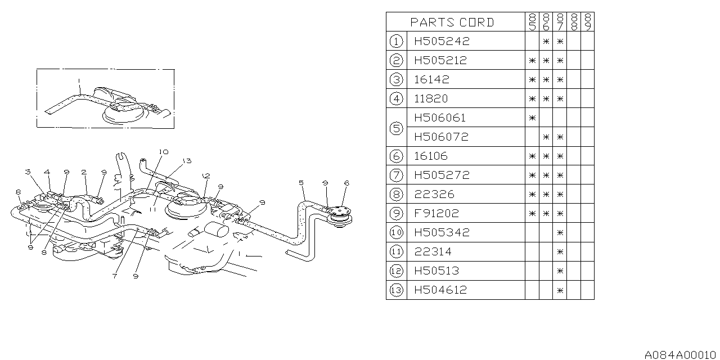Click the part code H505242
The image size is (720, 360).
coord(441,41)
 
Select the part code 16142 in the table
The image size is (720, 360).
coord(431,79)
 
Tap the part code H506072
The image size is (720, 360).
coord(441,137)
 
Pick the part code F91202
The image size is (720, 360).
coord(436,213)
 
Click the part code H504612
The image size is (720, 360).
coord(441,290)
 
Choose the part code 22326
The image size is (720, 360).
coord(434,194)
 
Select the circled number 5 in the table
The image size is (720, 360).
coord(396,127)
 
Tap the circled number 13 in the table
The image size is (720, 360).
coord(396,290)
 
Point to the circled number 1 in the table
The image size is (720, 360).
coord(396,41)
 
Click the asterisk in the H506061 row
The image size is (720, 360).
coord(532,118)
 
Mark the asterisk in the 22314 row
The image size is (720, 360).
coord(560,251)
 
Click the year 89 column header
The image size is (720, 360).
coord(587,22)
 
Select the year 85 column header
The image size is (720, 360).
coord(532,22)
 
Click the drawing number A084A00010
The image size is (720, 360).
coord(681,355)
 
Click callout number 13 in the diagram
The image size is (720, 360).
coord(187,161)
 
